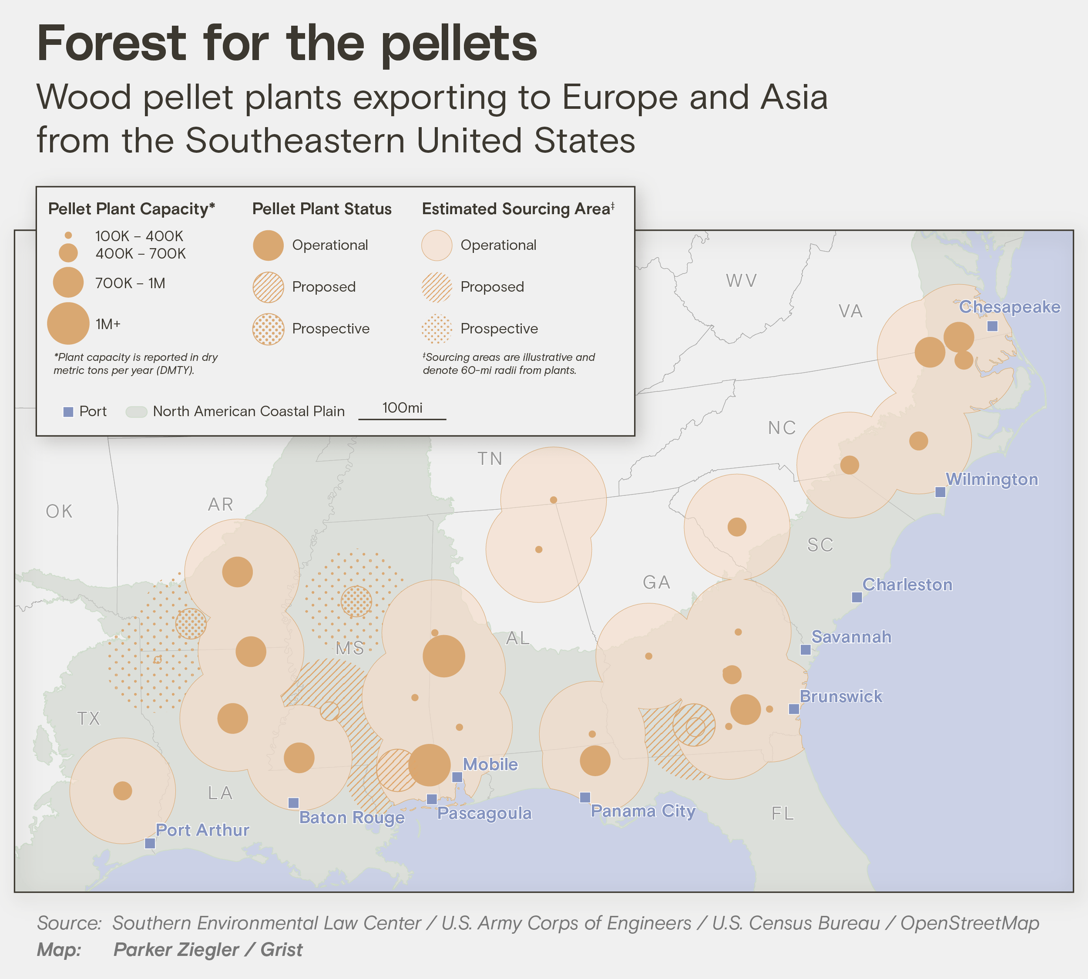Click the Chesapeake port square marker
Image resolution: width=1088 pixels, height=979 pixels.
pos(992,326)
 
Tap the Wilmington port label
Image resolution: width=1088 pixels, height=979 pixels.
pos(992,479)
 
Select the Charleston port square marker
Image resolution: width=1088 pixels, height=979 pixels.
pos(857,597)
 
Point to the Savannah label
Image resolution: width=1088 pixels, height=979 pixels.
pos(851,637)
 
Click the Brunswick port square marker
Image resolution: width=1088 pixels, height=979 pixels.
pos(793,709)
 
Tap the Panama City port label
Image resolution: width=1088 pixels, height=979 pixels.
pos(643,811)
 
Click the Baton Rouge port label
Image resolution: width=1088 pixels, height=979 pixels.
pos(352,818)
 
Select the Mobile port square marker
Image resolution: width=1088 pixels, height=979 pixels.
pos(457,777)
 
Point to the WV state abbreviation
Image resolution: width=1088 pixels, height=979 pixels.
pos(741,281)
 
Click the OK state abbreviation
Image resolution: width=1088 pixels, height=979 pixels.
pos(59,511)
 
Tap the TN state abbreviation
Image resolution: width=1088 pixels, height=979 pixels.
pos(490,459)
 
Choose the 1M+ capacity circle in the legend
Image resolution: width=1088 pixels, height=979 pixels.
pos(68,323)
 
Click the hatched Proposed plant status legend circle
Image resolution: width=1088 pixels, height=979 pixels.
pos(268,287)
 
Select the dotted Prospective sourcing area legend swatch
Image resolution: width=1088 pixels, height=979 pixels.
pos(437,329)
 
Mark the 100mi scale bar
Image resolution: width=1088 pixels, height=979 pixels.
pos(402,418)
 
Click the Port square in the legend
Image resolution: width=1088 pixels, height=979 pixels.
pos(68,412)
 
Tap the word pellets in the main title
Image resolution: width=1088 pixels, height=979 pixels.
pos(459,44)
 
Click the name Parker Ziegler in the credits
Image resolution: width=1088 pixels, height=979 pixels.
pos(175,949)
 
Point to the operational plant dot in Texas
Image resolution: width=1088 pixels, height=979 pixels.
pos(123,791)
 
